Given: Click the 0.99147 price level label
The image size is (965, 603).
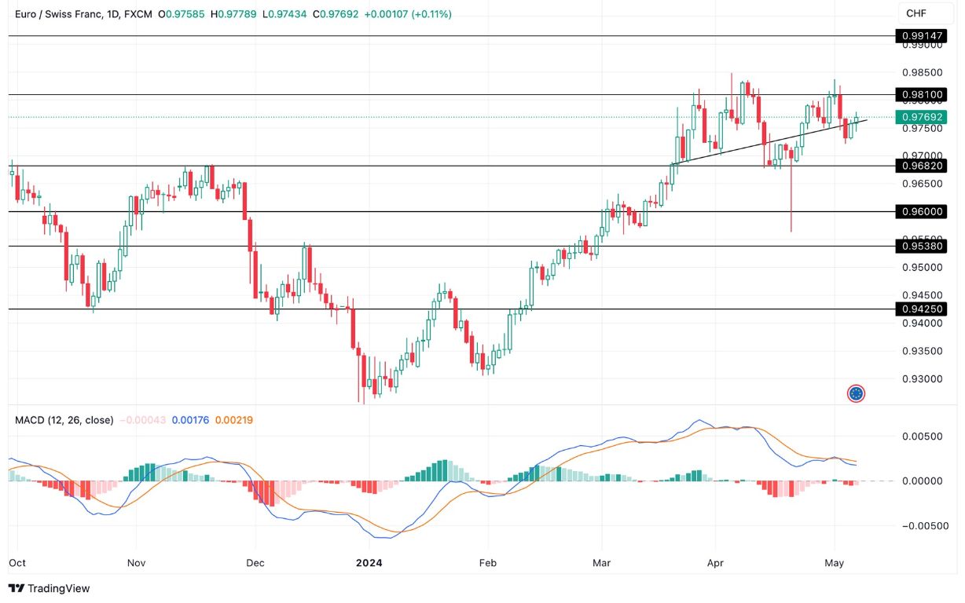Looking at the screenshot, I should pos(923,36).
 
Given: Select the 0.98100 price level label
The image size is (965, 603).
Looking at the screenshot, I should pos(923,95).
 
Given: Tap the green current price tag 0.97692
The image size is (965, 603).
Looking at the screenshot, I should pos(923,117).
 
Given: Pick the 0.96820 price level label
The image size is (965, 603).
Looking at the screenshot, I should pos(923,166).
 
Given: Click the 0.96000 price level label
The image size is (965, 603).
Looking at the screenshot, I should pos(923,212).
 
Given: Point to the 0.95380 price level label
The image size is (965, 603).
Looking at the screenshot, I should pos(923,247).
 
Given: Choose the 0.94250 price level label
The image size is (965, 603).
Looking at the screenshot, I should pos(923,309).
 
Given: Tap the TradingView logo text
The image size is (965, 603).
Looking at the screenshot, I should pos(50,588).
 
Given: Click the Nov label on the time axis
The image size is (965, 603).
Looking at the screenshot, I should pos(136,563).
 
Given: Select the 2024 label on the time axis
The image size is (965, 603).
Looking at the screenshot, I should pos(369,563).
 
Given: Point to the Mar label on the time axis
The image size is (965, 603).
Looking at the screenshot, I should pos(601,563).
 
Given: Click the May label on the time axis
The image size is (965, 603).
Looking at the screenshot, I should pos(834,563).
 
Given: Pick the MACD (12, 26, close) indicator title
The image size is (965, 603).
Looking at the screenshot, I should pos(64,420).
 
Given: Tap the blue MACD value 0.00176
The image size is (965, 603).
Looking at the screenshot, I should pos(190,420).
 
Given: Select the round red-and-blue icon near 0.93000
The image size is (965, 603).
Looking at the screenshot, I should pos(857,393).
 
